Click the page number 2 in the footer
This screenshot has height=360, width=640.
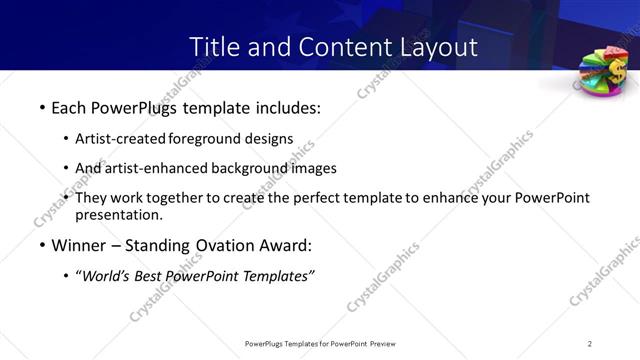(x=590, y=343)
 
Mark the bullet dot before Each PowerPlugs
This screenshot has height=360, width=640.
(x=41, y=106)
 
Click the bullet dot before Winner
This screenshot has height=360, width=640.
(x=41, y=246)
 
